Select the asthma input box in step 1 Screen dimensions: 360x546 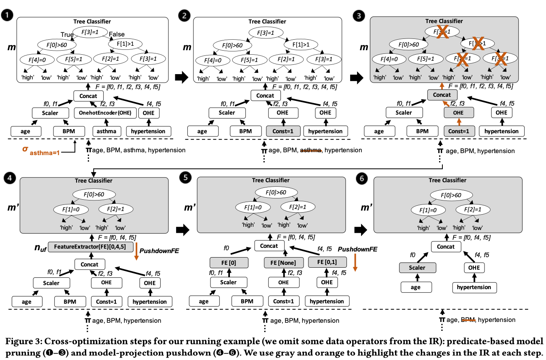click(x=105, y=131)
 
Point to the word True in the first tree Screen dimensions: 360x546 click(x=67, y=35)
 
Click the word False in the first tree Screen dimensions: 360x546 click(x=117, y=34)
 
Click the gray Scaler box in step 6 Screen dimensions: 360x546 click(x=417, y=268)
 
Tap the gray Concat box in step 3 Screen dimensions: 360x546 click(x=442, y=95)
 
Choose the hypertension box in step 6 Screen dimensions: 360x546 click(x=474, y=288)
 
